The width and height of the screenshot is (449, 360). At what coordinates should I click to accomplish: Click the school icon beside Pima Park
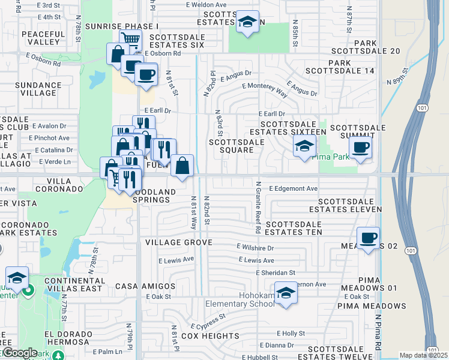pos(304,146)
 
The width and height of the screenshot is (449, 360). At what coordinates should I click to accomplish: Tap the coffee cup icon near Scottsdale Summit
pos(360,148)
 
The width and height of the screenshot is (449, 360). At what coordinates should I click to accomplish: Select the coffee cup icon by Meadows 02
pos(368,238)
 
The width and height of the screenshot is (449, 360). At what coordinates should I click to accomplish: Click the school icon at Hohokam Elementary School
pos(286,293)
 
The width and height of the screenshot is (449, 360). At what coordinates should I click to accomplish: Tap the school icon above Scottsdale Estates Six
pos(247,22)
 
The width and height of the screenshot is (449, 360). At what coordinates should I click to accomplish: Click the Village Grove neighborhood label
pos(178,242)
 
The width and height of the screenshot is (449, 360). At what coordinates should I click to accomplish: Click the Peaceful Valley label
pos(43,38)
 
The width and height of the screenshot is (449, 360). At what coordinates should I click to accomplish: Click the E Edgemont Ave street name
pos(293,188)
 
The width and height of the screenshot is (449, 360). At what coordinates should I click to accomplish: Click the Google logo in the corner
pos(20,353)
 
